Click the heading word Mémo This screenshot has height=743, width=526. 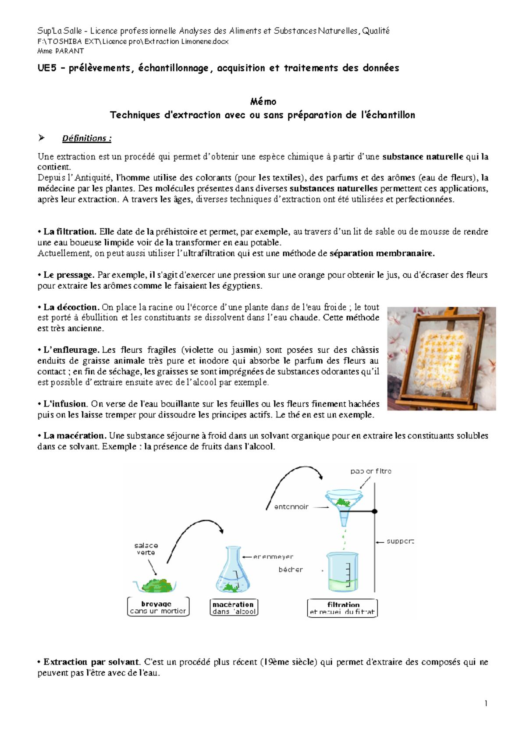(x=263, y=102)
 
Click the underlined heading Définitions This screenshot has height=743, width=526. (x=86, y=138)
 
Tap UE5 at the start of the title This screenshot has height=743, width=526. (x=47, y=68)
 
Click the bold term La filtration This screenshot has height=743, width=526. (x=69, y=232)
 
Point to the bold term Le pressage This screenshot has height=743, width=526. (x=68, y=275)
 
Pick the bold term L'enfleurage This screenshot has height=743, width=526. (x=71, y=350)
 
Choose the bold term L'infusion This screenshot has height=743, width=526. (x=65, y=404)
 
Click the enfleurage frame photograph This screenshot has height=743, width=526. (x=441, y=358)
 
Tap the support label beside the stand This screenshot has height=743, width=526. (x=400, y=541)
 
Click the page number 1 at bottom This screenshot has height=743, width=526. (x=486, y=704)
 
